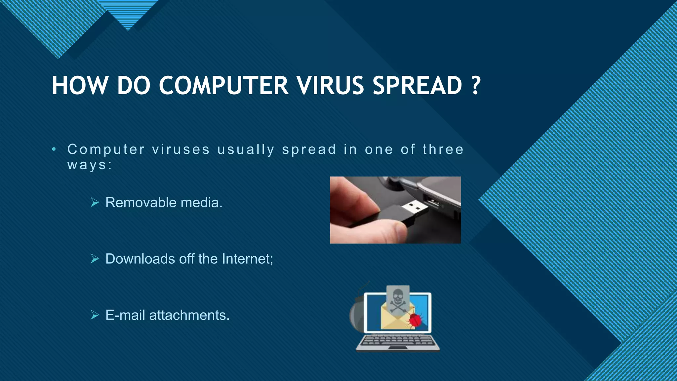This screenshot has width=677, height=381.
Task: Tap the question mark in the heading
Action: tap(475, 86)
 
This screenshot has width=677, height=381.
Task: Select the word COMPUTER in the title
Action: tap(223, 86)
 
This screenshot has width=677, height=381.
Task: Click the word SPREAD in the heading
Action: tap(417, 86)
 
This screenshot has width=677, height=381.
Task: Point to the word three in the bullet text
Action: tap(443, 149)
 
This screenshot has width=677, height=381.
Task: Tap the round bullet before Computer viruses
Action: tap(54, 149)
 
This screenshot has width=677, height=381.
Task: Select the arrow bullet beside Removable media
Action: tap(95, 202)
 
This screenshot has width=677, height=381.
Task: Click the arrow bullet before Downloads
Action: tap(95, 259)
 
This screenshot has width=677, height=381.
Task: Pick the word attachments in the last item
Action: tap(189, 315)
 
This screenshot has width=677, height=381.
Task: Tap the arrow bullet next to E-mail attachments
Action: tap(95, 315)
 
